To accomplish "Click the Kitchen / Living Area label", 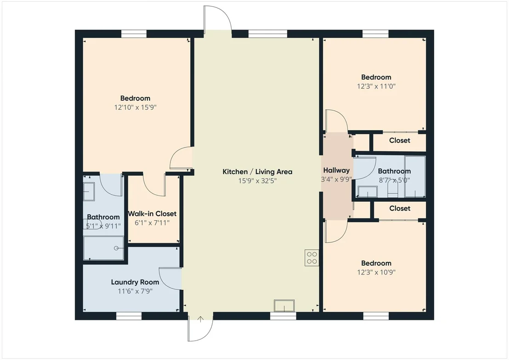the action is click(x=257, y=171).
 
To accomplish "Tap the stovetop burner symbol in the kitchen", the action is click(x=311, y=257).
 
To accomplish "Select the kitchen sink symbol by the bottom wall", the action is click(x=284, y=306).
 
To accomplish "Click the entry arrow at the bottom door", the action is click(x=201, y=319).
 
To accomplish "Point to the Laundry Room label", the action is click(x=135, y=282).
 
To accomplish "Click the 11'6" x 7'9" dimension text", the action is click(x=135, y=291).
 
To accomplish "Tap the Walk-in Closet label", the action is click(x=152, y=213).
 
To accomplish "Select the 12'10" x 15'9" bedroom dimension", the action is click(x=136, y=107).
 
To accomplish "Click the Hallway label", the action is click(x=336, y=170).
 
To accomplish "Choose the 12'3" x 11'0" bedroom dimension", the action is click(x=376, y=86).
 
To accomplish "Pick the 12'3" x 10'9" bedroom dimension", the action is click(x=376, y=272).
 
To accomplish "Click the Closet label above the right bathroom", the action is click(x=400, y=140).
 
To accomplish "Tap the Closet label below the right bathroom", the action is click(x=400, y=208).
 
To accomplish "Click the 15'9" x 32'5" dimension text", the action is click(x=257, y=181).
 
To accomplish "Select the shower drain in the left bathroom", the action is click(x=116, y=248).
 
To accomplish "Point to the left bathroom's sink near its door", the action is click(x=89, y=192).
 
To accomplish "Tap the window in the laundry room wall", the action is click(x=129, y=315).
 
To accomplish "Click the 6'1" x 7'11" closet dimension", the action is click(x=152, y=223).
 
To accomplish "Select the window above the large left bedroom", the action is click(x=134, y=34).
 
